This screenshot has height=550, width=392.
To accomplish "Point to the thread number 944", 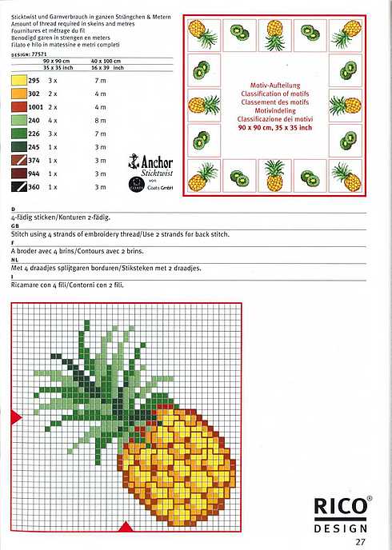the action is pyautogui.click(x=34, y=173).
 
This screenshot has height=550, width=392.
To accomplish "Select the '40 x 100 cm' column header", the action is pyautogui.click(x=106, y=61).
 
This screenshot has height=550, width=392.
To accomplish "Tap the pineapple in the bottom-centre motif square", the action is pyautogui.click(x=274, y=173).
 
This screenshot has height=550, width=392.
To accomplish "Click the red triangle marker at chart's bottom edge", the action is pyautogui.click(x=124, y=525).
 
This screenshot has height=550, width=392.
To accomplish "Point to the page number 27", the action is pyautogui.click(x=361, y=541).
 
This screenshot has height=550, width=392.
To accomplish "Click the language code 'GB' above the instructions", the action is pyautogui.click(x=15, y=226).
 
